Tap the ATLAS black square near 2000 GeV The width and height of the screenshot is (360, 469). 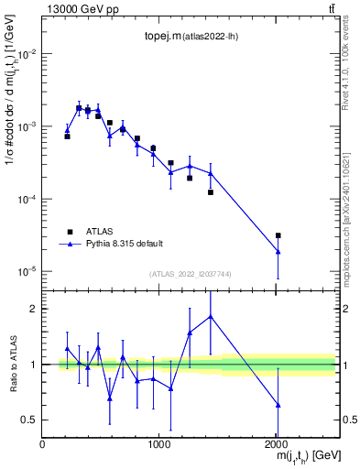tap(278, 235)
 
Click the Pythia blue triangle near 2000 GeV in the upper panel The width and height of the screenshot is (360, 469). tap(278, 251)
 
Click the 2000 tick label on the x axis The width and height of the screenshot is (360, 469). tap(278, 444)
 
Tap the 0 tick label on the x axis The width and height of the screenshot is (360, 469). tap(42, 444)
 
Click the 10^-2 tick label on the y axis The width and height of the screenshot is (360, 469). tap(27, 54)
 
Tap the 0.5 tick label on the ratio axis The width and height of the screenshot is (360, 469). tap(29, 420)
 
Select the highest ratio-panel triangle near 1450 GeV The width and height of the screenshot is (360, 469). tap(211, 316)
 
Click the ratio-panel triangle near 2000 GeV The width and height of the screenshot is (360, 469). tap(278, 404)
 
